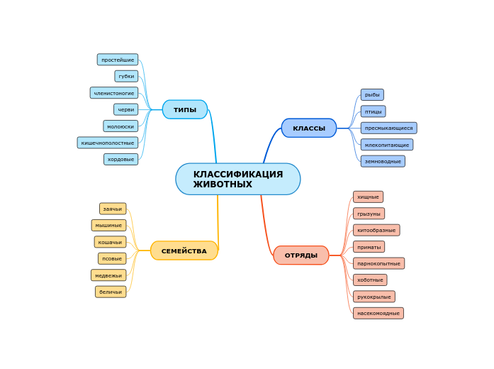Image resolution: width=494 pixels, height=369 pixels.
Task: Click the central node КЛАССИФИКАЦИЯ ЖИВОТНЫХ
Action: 237,179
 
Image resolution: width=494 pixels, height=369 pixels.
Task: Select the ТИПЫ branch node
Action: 185,109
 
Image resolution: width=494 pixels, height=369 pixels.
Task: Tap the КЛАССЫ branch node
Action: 309,128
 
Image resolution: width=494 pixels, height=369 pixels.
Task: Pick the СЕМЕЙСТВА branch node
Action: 184,250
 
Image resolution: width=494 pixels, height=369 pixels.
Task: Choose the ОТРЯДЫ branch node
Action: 301,255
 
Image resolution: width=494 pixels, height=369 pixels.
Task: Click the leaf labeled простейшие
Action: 118,60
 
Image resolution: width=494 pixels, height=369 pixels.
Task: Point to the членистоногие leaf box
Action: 114,93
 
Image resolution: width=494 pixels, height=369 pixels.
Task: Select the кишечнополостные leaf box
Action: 108,143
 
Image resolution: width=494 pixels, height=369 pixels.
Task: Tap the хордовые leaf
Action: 120,159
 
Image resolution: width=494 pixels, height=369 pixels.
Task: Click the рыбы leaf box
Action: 372,94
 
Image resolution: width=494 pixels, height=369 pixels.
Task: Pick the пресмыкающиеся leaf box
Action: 388,128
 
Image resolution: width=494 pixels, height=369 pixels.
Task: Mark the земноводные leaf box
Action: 383,161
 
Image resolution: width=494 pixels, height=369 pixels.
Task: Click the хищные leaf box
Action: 368,197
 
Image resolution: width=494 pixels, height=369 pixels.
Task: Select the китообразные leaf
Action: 376,230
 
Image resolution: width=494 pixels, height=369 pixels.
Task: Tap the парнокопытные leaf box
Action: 378,263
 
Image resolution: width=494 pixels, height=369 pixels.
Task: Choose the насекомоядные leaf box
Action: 378,313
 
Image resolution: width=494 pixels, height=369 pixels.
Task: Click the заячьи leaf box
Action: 113,209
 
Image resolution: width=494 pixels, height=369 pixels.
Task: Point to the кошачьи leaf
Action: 110,242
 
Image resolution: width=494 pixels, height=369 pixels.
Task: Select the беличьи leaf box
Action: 111,292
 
